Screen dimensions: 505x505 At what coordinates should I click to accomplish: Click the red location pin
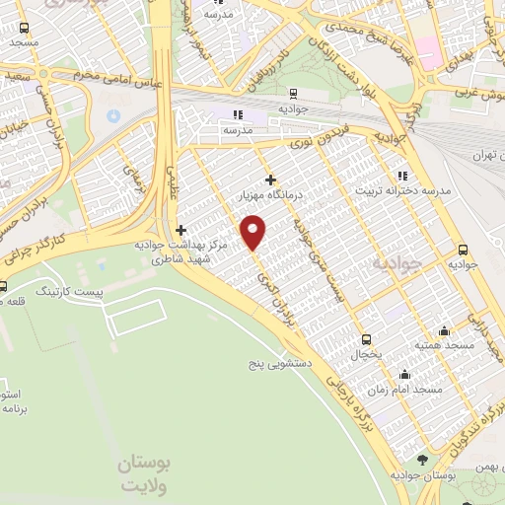pyautogui.click(x=254, y=231)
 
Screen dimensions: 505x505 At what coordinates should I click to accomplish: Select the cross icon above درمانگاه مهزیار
pyautogui.click(x=271, y=179)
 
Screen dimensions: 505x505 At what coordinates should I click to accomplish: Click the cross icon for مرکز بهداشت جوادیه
pyautogui.click(x=180, y=230)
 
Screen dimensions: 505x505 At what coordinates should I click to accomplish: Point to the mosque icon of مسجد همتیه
pyautogui.click(x=445, y=330)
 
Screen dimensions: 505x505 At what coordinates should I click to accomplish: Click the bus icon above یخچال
pyautogui.click(x=366, y=337)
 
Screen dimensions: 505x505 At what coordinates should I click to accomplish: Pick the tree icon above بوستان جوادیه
pyautogui.click(x=423, y=459)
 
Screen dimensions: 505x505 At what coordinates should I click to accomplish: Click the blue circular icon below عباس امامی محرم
pyautogui.click(x=112, y=116)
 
